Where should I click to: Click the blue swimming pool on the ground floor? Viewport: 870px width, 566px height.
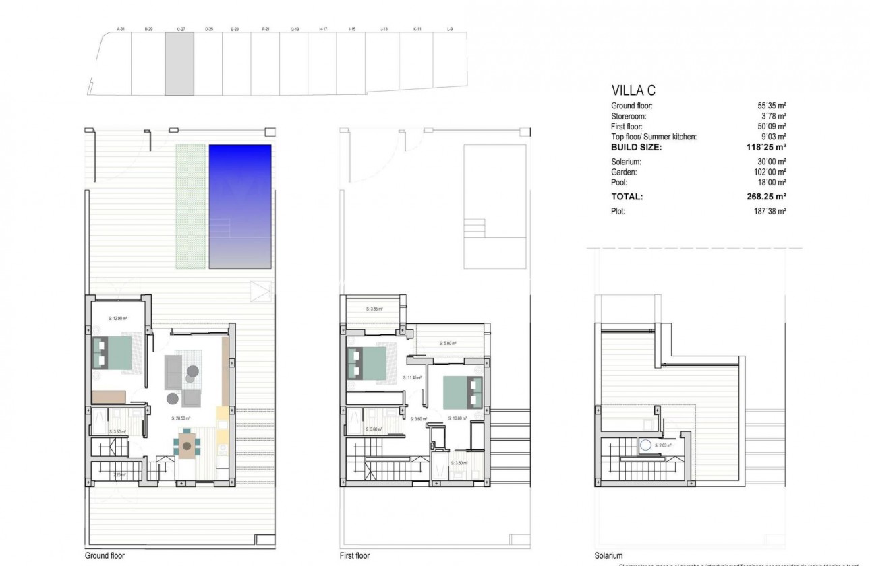tap(240, 205)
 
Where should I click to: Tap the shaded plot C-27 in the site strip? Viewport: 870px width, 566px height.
tap(179, 63)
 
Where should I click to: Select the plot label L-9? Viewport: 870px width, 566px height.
tap(450, 29)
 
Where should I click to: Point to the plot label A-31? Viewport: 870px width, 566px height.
tap(121, 29)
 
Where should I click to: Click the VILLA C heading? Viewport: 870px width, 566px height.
tap(633, 90)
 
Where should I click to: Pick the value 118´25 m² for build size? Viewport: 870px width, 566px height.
tap(767, 146)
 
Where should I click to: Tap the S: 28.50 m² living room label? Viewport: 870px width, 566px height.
tap(181, 418)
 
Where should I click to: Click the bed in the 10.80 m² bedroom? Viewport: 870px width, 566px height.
tap(463, 392)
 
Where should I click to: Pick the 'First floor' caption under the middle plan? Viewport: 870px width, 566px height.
tap(355, 556)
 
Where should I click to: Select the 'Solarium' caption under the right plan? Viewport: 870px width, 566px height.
tap(608, 556)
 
